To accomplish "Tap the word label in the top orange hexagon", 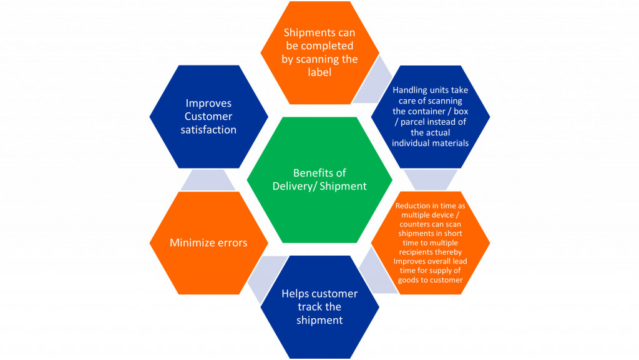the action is [x=319, y=72].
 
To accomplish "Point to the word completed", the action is [x=327, y=46].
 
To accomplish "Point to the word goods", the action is [x=408, y=280].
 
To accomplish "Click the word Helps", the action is [x=293, y=294].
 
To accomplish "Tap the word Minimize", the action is [x=190, y=243].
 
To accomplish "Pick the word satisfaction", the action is [x=208, y=130].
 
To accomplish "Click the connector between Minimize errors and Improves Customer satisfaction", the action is [x=208, y=180].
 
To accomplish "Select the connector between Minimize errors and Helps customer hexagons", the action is [x=267, y=279].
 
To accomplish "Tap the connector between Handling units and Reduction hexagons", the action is [x=431, y=180].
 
